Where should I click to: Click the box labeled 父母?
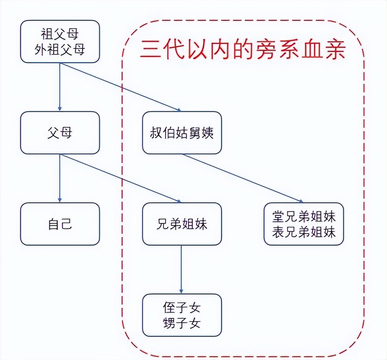pos(60,133)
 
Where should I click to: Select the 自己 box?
pos(60,224)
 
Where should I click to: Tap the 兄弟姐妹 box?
pos(182,224)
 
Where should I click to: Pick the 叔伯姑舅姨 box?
pos(182,133)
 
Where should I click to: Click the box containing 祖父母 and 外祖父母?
pos(60,41)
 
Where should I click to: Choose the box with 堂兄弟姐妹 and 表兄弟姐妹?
pos(304,224)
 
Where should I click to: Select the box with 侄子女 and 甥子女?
pos(182,315)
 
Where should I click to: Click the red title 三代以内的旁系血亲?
pos(243,49)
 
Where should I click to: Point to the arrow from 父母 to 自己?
pos(60,178)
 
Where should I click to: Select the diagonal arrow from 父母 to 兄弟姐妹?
pos(121,178)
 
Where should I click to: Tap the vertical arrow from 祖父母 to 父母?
pos(60,87)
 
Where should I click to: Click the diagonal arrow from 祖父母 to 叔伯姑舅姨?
pos(121,87)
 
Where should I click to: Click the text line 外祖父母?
pos(60,49)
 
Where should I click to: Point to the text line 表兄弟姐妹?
pos(304,232)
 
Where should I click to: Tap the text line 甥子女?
pos(182,323)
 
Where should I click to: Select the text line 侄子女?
pos(182,308)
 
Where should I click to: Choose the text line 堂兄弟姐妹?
pos(304,217)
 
